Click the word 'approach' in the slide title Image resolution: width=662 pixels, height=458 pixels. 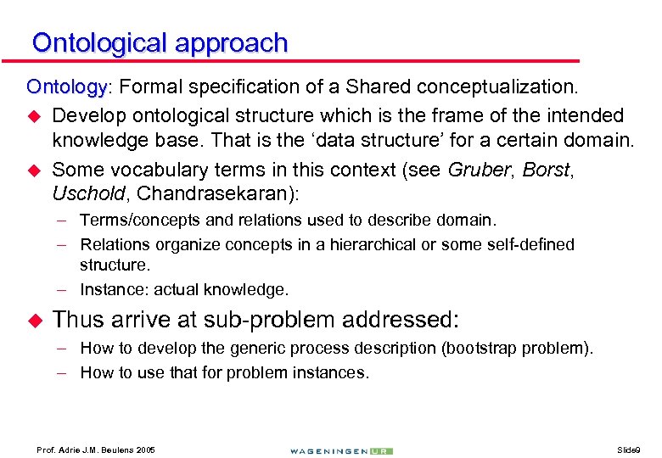(x=233, y=43)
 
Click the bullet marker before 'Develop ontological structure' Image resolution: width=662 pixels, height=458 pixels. (x=35, y=115)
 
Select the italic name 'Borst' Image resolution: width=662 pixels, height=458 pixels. (x=547, y=170)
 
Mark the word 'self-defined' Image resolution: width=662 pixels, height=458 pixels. (x=529, y=245)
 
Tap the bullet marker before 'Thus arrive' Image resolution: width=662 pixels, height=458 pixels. (x=35, y=320)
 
